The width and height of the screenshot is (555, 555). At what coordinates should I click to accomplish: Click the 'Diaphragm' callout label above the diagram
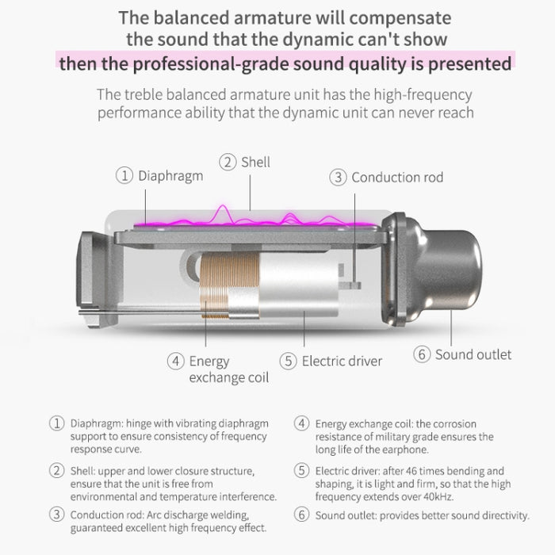170,176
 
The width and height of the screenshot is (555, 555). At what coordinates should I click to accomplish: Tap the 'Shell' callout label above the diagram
255,163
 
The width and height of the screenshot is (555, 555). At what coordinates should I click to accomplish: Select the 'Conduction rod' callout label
397,178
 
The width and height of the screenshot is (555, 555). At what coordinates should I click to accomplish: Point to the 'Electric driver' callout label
342,362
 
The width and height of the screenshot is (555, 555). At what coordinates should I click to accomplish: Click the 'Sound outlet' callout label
473,354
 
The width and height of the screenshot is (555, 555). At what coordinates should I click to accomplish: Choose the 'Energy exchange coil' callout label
229,369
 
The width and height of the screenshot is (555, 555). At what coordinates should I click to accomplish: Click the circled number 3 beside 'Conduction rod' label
338,178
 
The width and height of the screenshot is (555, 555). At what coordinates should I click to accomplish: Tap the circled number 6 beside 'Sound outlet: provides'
301,515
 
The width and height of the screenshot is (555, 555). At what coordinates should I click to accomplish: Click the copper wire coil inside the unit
228,283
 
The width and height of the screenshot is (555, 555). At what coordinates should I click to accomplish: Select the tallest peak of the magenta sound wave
223,205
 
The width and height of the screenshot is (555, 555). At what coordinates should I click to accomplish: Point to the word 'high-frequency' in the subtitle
423,95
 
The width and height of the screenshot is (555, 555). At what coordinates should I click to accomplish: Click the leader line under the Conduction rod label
355,238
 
